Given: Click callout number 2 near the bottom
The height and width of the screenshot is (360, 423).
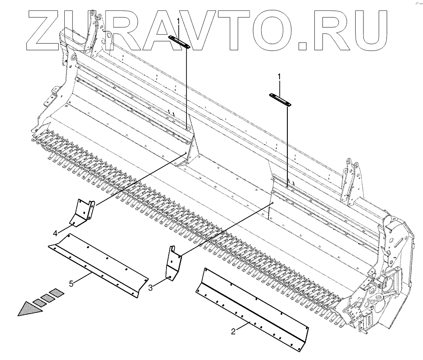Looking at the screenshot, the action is click(233, 332).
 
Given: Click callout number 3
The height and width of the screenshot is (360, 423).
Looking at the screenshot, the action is click(150, 287).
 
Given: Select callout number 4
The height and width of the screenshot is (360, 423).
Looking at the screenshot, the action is click(56, 234).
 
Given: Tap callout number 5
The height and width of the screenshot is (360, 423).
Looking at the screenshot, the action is click(71, 284).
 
